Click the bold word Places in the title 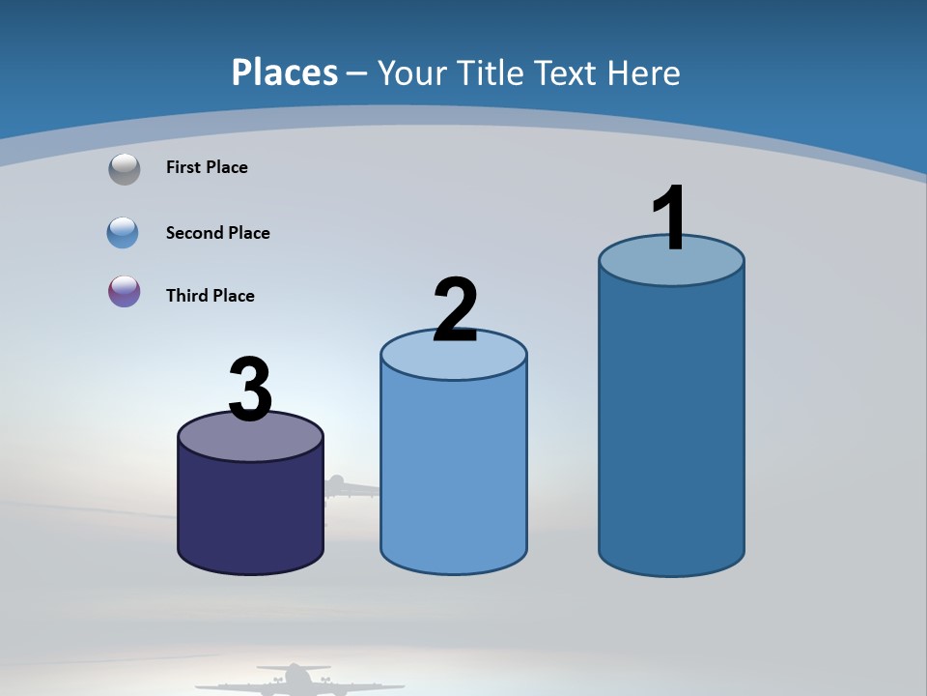coord(285,72)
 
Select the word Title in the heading coord(489,72)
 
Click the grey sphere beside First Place coord(125,169)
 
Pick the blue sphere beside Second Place coord(124,233)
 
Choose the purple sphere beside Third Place coord(125,291)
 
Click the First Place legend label coord(207,167)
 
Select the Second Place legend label coord(218,233)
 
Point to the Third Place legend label coord(211,296)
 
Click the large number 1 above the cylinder coord(670,218)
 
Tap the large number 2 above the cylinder coord(455,310)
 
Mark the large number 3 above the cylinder coord(251,390)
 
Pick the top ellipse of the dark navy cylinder coord(250,441)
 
